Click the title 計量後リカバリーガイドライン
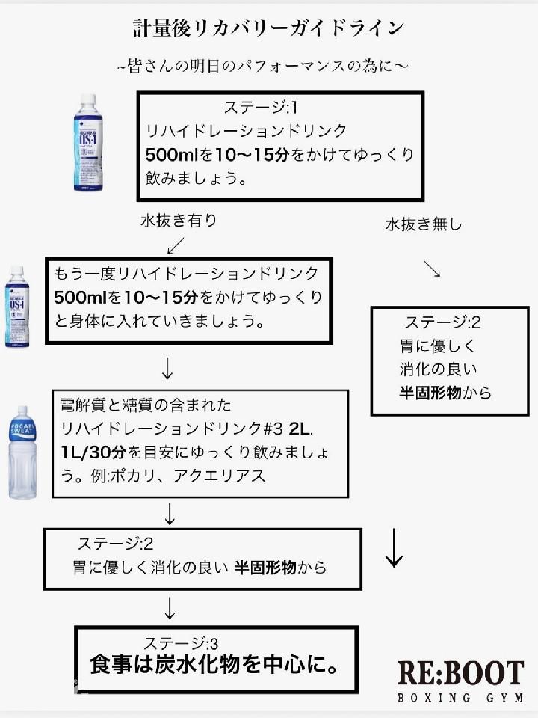click(268, 28)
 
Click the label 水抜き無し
click(424, 224)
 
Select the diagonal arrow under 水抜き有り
click(176, 245)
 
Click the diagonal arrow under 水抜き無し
click(432, 269)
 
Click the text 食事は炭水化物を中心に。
click(211, 663)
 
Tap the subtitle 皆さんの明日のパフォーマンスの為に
click(262, 67)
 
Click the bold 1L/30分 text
click(95, 452)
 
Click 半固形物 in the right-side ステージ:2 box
click(430, 392)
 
